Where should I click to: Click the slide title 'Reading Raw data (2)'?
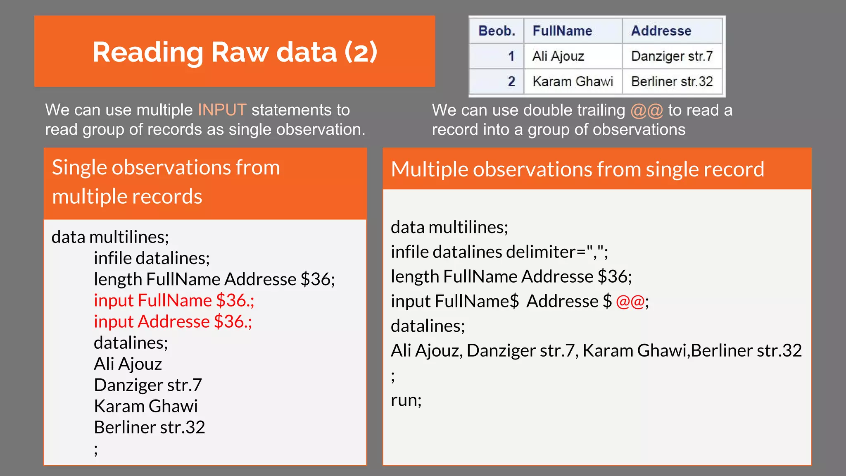pyautogui.click(x=235, y=52)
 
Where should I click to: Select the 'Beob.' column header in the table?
pyautogui.click(x=497, y=31)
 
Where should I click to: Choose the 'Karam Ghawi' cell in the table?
pyautogui.click(x=573, y=81)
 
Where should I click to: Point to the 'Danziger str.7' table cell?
pyautogui.click(x=672, y=56)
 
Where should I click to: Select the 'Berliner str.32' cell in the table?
pyautogui.click(x=672, y=81)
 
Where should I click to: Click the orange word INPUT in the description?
pyautogui.click(x=222, y=110)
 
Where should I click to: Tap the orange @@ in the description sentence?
pyautogui.click(x=646, y=110)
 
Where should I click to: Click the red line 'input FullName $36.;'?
pyautogui.click(x=174, y=300)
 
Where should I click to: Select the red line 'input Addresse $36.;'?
pyautogui.click(x=173, y=321)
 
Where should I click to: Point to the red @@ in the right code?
pyautogui.click(x=630, y=301)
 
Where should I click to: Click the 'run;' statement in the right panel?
pyautogui.click(x=406, y=400)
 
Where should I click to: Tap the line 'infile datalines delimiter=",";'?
pyautogui.click(x=499, y=252)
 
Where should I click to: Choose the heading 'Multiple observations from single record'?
pyautogui.click(x=577, y=169)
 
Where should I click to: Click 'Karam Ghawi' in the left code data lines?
pyautogui.click(x=146, y=406)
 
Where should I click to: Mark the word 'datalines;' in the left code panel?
pyautogui.click(x=131, y=343)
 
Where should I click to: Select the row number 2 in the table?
pyautogui.click(x=511, y=81)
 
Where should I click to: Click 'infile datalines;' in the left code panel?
pyautogui.click(x=152, y=258)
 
